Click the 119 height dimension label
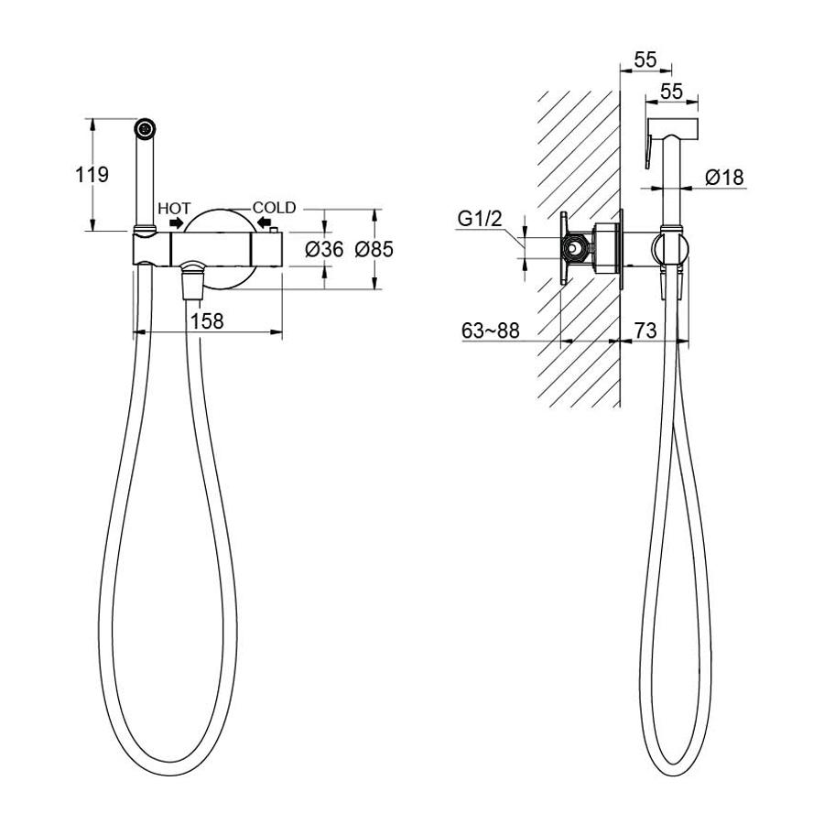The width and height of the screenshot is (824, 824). click(92, 175)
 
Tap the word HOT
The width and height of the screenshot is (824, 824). click(175, 208)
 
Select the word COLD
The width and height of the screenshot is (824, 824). click(275, 208)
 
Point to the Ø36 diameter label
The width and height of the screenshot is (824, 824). click(324, 248)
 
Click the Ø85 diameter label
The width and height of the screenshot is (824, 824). click(374, 248)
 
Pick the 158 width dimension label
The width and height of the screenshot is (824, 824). click(207, 320)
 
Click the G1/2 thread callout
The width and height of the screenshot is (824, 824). click(479, 219)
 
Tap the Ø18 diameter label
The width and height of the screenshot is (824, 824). click(725, 177)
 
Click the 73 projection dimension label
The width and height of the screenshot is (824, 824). click(645, 330)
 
